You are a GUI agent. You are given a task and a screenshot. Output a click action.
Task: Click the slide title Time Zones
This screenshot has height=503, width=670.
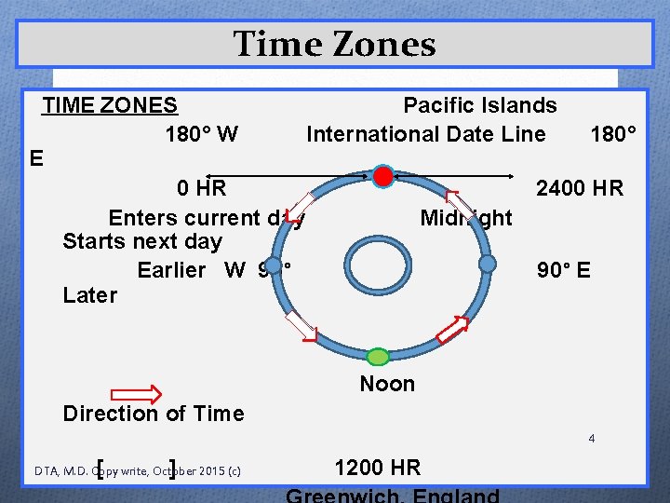point(334,44)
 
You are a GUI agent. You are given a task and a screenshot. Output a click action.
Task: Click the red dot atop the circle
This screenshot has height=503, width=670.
point(382,175)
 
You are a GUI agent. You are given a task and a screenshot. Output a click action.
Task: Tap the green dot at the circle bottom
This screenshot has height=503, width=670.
point(377,357)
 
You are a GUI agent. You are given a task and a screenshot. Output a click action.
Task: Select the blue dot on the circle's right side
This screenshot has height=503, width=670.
point(488,265)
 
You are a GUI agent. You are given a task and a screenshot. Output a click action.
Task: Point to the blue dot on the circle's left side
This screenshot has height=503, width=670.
point(273,265)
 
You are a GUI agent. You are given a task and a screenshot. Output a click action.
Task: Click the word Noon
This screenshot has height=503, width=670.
point(387,384)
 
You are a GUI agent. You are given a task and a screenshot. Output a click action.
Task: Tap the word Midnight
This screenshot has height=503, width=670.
point(465,218)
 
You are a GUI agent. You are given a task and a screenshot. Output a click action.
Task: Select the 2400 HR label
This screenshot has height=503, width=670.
point(579,189)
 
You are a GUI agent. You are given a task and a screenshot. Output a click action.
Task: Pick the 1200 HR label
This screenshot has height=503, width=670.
point(377,468)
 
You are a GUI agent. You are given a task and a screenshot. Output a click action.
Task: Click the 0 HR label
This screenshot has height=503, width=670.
point(202,189)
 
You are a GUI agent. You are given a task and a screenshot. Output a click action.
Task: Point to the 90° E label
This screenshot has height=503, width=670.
point(563,271)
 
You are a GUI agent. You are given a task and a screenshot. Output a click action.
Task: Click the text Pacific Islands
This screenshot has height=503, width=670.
point(479,106)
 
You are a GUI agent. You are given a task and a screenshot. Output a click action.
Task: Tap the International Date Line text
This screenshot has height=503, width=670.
point(425,134)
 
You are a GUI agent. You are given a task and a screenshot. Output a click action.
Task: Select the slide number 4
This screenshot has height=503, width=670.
point(591,438)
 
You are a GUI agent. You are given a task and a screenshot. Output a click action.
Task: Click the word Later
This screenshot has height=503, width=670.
point(89,295)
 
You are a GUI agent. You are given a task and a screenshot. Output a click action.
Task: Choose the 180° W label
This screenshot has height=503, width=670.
point(201,134)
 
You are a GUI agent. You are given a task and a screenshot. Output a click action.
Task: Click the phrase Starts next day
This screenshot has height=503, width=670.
point(141,242)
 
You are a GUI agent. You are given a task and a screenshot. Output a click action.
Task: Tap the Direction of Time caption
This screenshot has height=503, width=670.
point(153,414)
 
